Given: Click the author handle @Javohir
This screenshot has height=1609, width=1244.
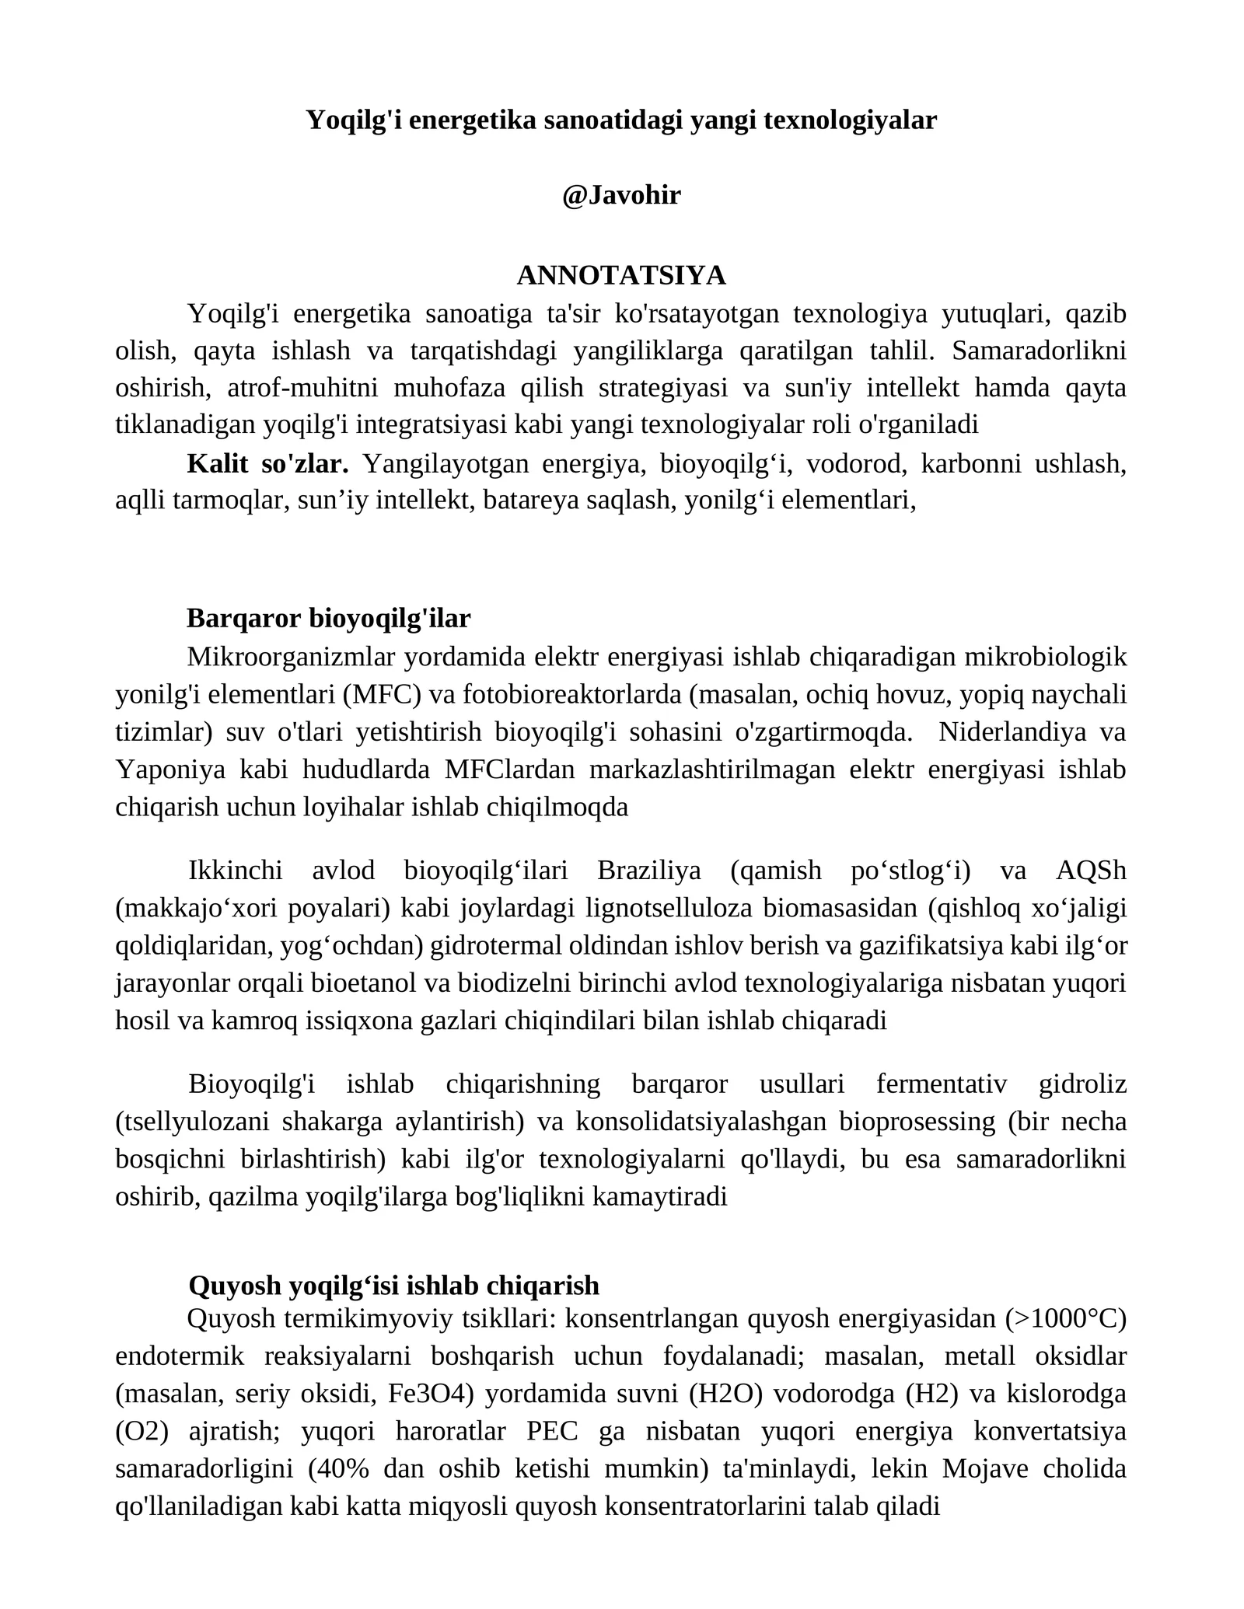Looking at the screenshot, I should (621, 195).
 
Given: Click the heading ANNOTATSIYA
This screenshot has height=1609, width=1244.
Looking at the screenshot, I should (621, 275).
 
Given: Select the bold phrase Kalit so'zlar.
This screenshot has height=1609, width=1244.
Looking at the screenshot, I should (267, 463).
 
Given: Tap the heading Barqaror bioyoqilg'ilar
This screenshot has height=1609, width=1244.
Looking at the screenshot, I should (328, 618).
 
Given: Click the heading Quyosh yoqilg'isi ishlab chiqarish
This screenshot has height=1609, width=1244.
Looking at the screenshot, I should (393, 1285).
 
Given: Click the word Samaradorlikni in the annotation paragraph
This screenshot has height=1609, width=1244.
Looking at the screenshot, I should (1039, 351).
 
